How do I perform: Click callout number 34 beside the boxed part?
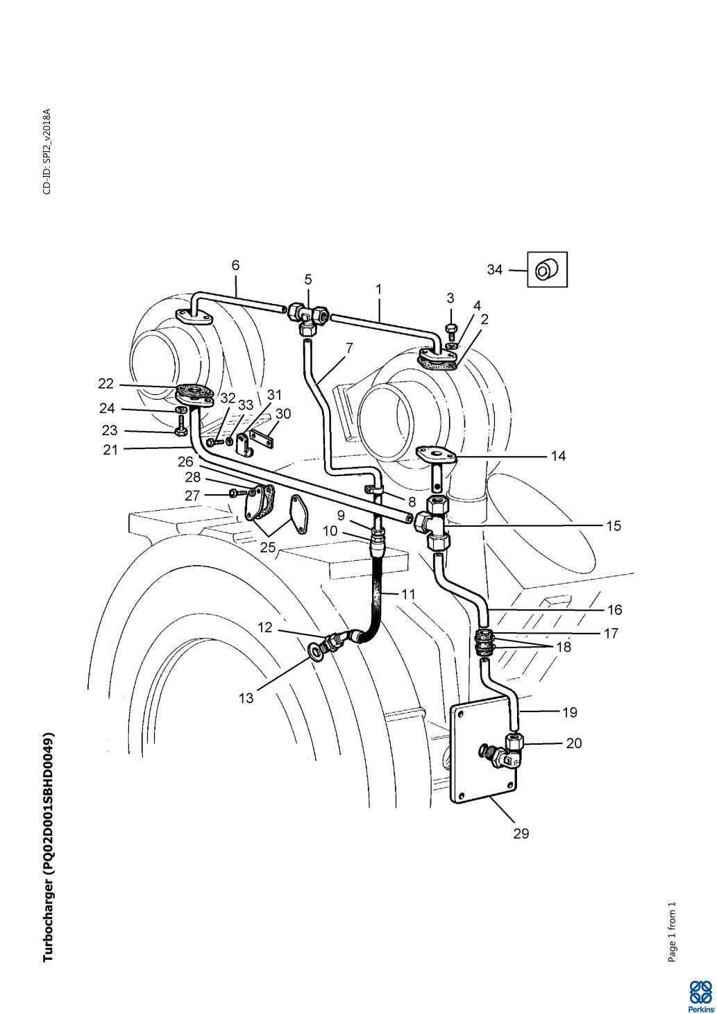(x=494, y=270)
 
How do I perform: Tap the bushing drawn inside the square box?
(x=545, y=270)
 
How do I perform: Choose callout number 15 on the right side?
(x=614, y=526)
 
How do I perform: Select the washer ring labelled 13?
(x=313, y=651)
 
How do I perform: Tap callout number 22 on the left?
(x=106, y=384)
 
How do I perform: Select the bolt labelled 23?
(x=180, y=427)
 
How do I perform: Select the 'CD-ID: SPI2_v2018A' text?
(x=47, y=151)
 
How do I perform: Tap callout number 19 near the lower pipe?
(x=569, y=713)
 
